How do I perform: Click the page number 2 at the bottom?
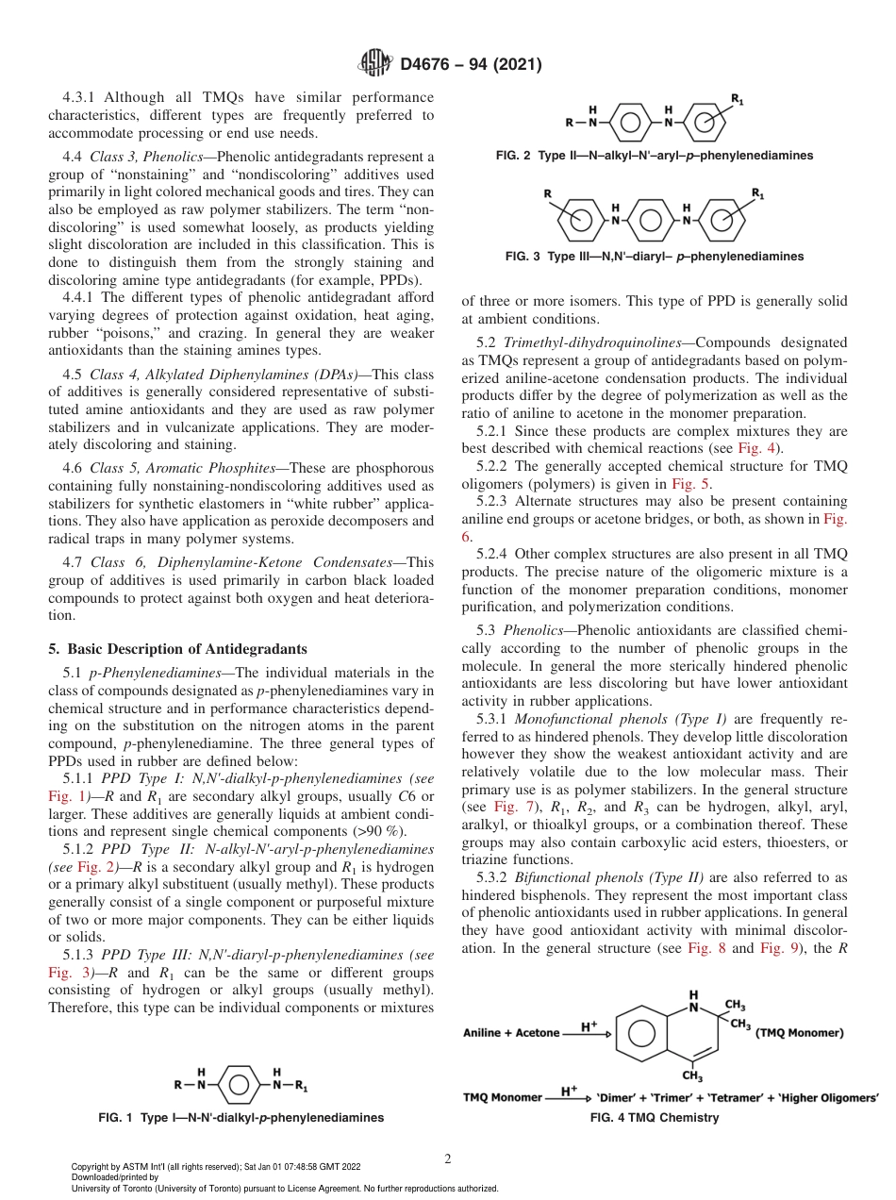click(448, 1159)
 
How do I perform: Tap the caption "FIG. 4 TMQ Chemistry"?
click(654, 1118)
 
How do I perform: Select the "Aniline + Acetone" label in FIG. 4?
click(511, 1033)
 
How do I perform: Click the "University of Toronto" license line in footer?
click(285, 1188)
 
